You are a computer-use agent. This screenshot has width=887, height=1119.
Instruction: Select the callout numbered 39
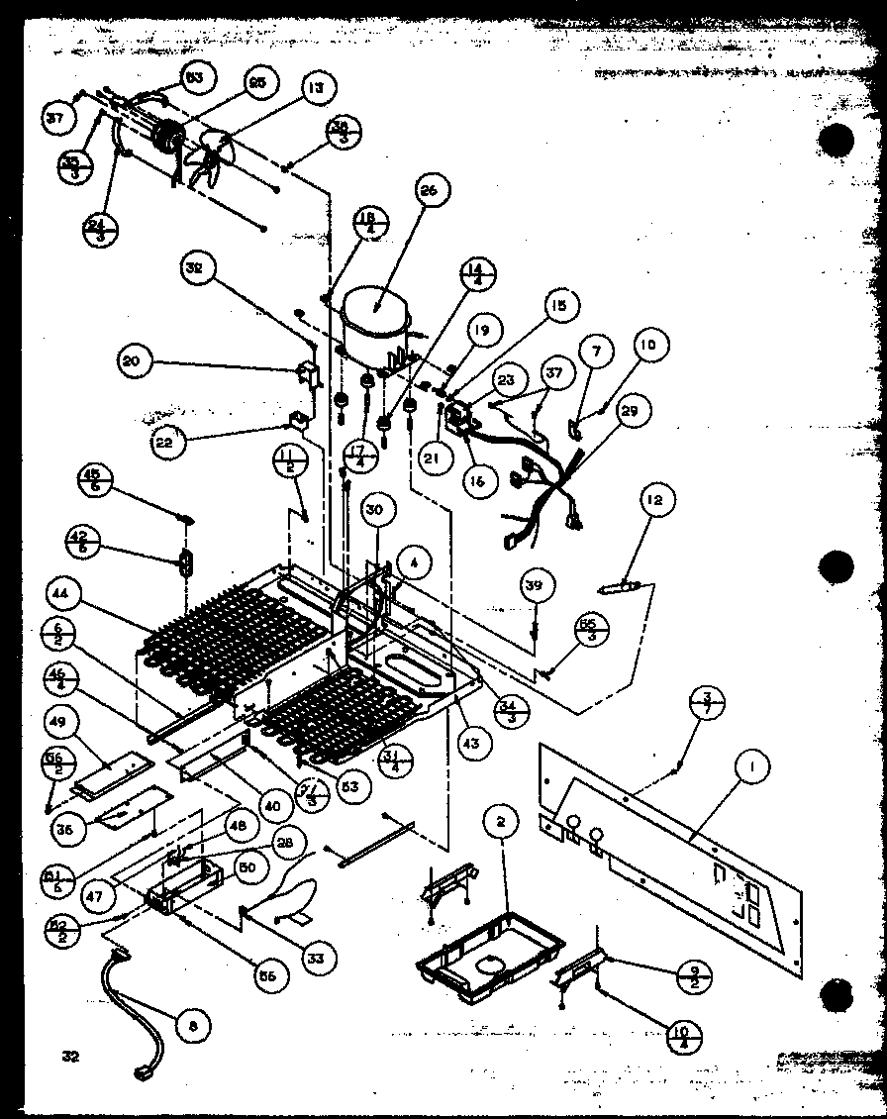[535, 586]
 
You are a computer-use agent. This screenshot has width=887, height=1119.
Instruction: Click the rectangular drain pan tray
[479, 957]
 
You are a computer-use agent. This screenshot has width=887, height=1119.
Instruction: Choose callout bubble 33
[316, 958]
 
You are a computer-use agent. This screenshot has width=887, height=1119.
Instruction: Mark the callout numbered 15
[559, 307]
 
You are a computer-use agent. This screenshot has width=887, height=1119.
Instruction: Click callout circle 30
[373, 511]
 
